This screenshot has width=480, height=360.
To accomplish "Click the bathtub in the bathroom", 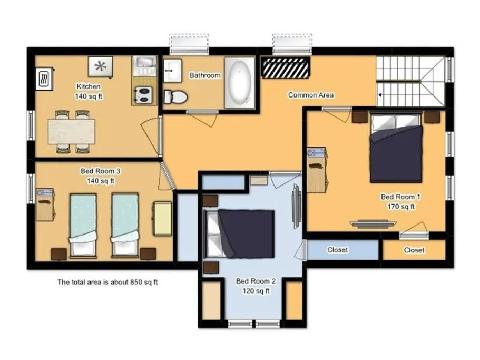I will (240, 83).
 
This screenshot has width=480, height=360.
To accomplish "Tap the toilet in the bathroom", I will (175, 96).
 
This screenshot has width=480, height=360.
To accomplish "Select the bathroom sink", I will (172, 70).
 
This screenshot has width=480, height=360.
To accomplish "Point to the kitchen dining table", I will (72, 131).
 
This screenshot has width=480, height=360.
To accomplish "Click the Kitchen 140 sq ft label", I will (88, 91).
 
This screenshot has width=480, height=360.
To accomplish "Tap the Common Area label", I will (310, 95).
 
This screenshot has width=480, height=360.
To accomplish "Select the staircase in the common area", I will (411, 82).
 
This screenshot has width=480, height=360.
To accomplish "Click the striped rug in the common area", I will (285, 68).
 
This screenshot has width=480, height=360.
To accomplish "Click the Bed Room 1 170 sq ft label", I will (400, 201).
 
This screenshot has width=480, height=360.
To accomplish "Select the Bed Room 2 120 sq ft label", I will (256, 286).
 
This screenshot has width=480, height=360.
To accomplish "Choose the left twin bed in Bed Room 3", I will (83, 224).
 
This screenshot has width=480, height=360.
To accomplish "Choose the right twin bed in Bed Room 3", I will (124, 224).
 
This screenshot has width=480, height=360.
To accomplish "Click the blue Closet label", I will (337, 250).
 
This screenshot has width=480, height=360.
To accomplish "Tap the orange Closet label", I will (414, 250).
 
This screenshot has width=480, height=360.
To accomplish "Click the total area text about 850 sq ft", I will (107, 282).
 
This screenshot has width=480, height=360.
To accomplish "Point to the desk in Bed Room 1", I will (316, 170).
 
